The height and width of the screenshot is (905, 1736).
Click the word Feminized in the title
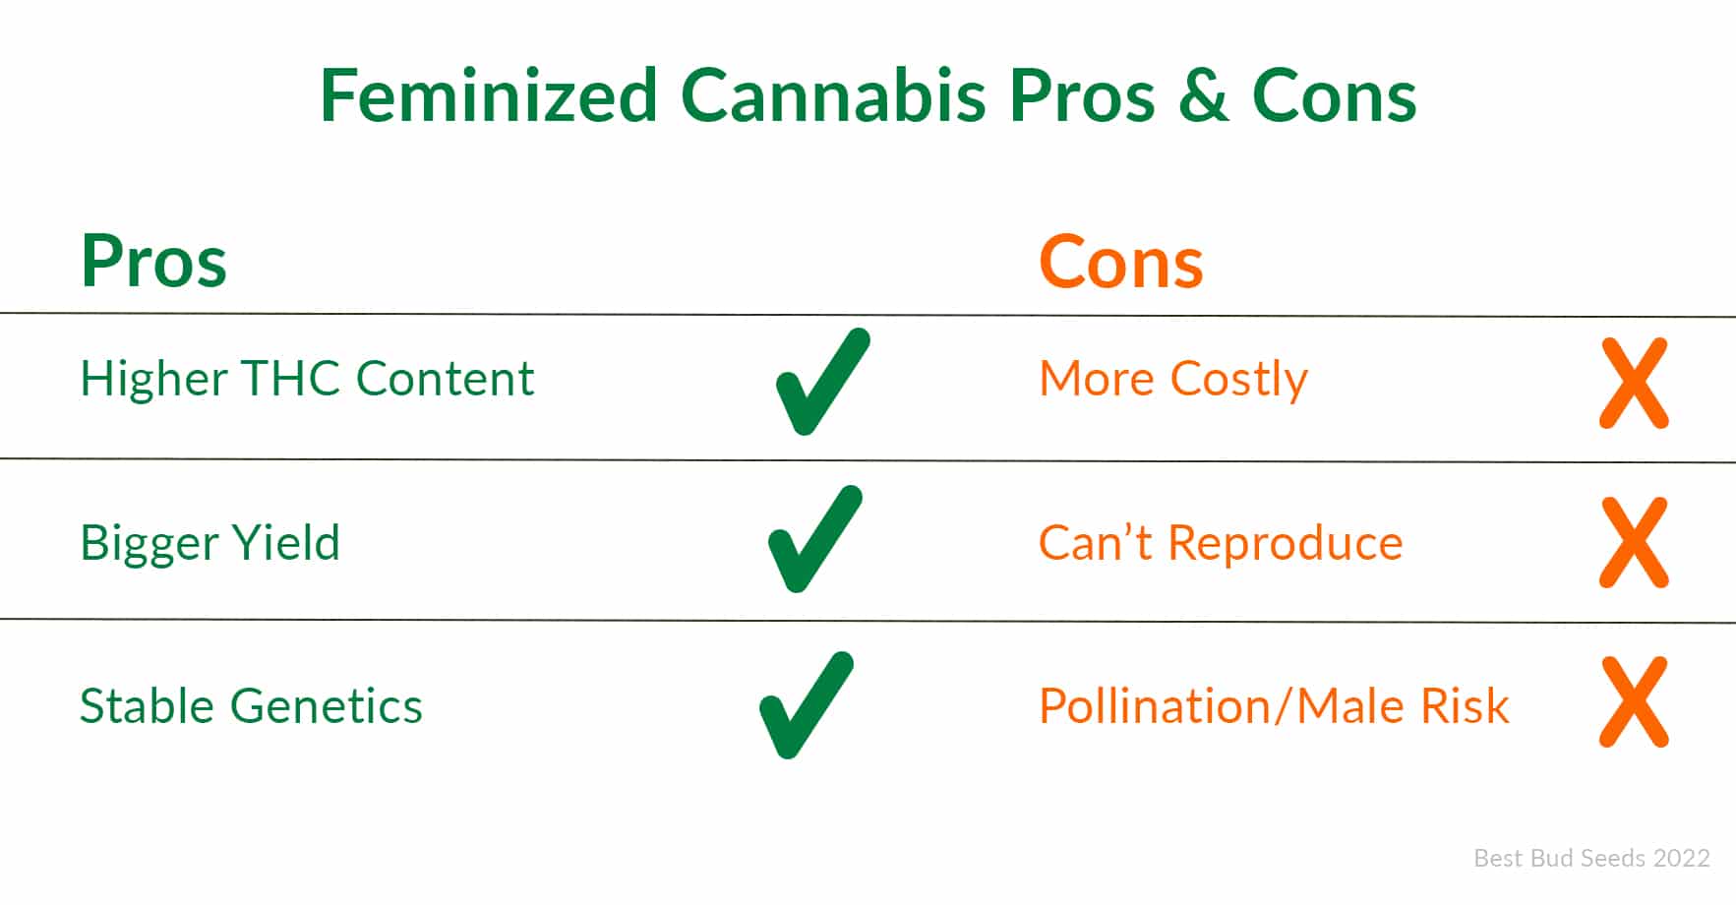[489, 95]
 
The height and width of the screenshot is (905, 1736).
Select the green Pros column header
[153, 262]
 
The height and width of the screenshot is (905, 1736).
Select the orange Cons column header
[1121, 263]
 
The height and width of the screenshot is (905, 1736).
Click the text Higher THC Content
[307, 379]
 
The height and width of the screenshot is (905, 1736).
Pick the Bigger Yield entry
[210, 543]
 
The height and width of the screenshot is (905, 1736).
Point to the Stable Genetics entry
[251, 706]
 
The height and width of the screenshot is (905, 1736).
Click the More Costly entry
[1173, 380]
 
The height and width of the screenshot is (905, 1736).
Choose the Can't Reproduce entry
[1221, 543]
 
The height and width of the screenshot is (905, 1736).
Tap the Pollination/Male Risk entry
[1274, 706]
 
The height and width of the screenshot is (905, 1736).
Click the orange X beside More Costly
[1634, 384]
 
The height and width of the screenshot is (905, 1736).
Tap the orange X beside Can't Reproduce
[1634, 543]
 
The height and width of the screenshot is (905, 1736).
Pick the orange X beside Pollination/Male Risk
[1634, 702]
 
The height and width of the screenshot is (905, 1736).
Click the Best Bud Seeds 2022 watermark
[1591, 858]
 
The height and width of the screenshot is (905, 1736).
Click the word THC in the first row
[291, 379]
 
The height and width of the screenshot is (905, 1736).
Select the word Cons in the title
[1334, 96]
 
